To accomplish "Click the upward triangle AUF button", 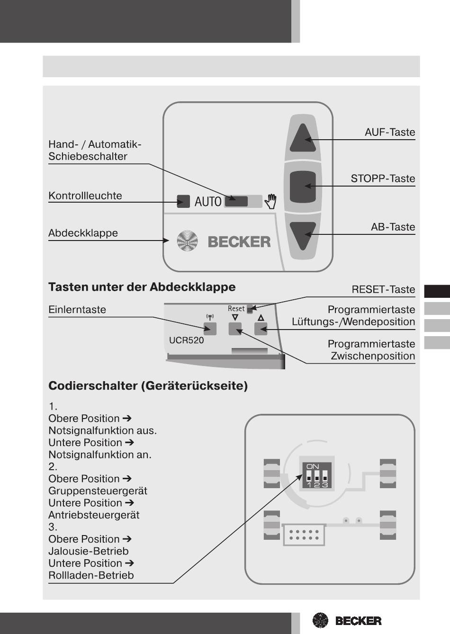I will tap(303, 138).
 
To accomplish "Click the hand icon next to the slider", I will tap(270, 201).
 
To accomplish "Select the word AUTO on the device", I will tap(208, 202).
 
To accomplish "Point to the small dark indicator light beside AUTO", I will tap(183, 201).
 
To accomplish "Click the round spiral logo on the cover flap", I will tap(187, 241).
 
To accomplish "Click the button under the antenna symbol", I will tap(210, 328).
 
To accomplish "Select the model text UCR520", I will tap(187, 340).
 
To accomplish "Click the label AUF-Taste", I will tap(390, 132).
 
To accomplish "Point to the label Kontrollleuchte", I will tap(85, 196).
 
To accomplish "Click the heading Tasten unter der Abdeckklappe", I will tap(142, 287).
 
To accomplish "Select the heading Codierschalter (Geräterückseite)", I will tap(148, 386).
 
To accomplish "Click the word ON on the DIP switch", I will tap(313, 466).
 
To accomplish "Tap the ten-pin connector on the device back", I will tap(304, 535).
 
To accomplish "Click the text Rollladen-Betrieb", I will tap(91, 575).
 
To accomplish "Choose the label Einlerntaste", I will tap(77, 310).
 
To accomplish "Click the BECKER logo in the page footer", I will tap(347, 620).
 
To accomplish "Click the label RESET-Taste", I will tap(383, 289).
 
